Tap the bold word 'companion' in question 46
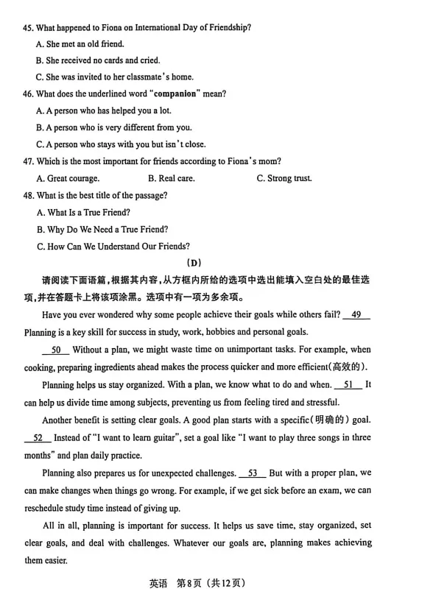[175, 94]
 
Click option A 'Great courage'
[67, 178]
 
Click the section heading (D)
[194, 263]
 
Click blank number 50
[56, 350]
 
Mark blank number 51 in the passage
[348, 385]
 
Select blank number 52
[38, 438]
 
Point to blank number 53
[253, 473]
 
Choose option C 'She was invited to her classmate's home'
[114, 77]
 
